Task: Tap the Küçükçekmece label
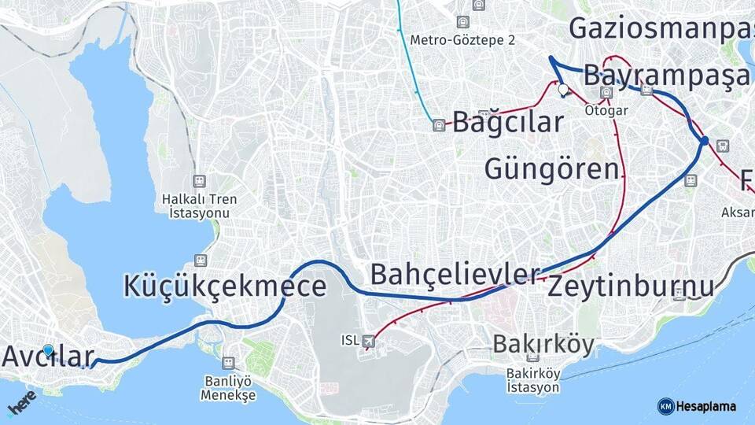click(224, 286)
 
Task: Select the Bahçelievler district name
click(455, 275)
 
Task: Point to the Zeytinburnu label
click(631, 286)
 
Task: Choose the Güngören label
click(551, 169)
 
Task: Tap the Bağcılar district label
click(508, 123)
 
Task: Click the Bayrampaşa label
click(667, 77)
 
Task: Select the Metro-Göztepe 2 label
click(462, 39)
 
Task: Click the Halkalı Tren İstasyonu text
click(199, 206)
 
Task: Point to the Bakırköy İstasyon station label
click(532, 380)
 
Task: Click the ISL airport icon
click(370, 341)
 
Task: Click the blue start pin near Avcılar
click(48, 350)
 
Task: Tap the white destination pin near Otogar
click(563, 90)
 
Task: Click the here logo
click(21, 401)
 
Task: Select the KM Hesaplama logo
click(697, 406)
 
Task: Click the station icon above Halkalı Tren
click(199, 181)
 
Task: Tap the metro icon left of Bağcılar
click(439, 124)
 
